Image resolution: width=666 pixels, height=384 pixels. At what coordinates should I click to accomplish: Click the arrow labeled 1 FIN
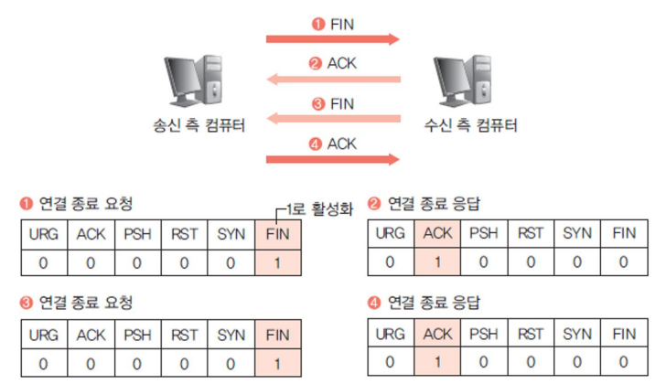333,39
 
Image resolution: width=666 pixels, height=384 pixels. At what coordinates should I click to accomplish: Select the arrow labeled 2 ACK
333,80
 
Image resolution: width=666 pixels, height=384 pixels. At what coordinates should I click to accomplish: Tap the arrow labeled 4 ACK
333,158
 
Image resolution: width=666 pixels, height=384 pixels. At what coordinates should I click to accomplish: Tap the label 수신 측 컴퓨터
471,125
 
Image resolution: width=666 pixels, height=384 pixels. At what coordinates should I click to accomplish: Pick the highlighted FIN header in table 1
278,234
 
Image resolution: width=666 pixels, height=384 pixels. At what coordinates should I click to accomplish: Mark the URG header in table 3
43,335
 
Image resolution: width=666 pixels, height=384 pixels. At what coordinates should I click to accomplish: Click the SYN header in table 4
576,335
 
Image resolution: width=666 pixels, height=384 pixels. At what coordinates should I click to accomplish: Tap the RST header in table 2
530,234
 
